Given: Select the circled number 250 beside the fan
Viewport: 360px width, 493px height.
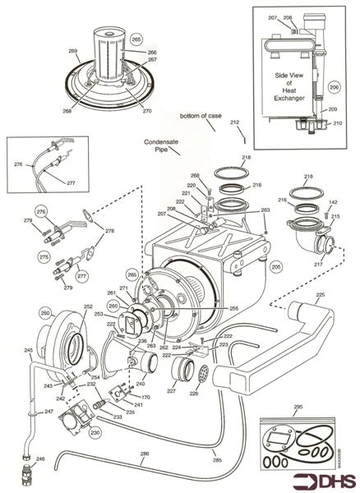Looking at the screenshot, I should (x=45, y=313).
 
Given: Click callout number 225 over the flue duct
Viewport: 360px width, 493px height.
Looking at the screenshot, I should (x=320, y=294).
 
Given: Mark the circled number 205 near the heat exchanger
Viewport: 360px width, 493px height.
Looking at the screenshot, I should (x=276, y=266).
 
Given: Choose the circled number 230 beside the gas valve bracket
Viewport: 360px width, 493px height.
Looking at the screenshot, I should (x=95, y=432).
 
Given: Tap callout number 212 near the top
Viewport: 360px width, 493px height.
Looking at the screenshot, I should (x=236, y=122).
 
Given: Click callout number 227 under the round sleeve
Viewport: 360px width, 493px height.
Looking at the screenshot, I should (x=172, y=391).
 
